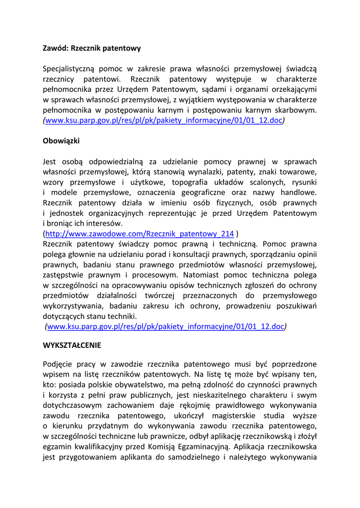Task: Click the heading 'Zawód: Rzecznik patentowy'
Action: [92, 48]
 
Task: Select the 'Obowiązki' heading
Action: [61, 141]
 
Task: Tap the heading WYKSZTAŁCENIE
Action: [72, 344]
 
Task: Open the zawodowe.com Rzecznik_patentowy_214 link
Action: [140, 234]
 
